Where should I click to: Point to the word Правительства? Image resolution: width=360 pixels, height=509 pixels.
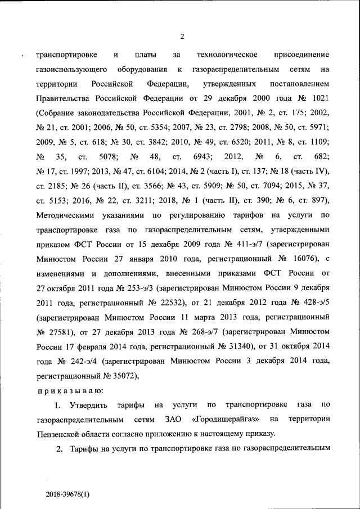coord(61,98)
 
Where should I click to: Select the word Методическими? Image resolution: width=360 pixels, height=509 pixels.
coord(63,215)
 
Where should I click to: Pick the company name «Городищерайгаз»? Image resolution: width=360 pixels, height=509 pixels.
coord(226,420)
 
